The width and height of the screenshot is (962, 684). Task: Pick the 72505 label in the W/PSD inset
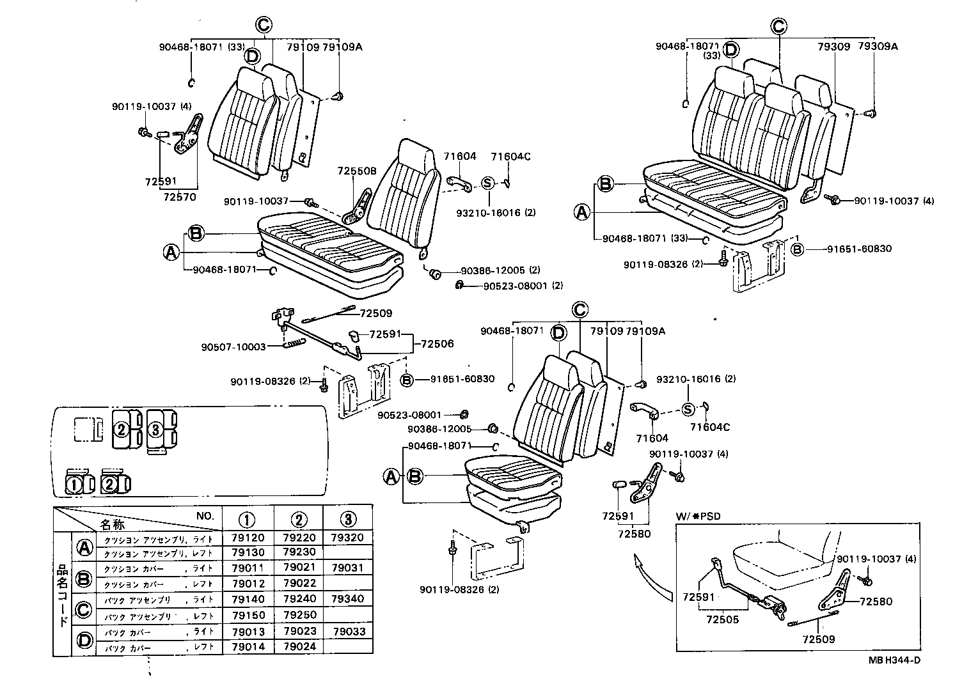click(722, 619)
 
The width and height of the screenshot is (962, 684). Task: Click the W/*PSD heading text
click(694, 515)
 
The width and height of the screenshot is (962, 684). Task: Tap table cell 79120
click(247, 538)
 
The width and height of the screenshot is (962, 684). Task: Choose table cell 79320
click(348, 538)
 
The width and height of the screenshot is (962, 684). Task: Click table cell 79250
click(299, 614)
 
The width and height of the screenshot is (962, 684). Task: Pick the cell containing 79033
click(348, 632)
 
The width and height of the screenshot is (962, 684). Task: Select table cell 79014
click(247, 646)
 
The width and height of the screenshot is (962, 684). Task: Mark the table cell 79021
click(299, 568)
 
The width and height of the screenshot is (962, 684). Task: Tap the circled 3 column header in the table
click(348, 518)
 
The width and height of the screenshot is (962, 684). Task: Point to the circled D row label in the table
click(84, 639)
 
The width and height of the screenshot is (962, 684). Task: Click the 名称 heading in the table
click(113, 524)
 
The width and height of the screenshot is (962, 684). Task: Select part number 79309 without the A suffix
click(833, 46)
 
